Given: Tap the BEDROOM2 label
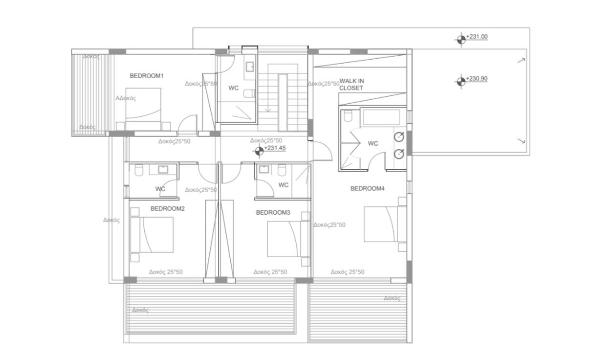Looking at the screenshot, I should [x=167, y=208].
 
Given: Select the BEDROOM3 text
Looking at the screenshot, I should [x=273, y=213].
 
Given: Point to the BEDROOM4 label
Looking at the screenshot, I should [x=368, y=188].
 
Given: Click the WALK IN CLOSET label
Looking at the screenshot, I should [x=352, y=85].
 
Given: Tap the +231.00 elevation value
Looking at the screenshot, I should [x=478, y=37].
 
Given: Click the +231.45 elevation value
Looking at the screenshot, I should [x=275, y=148].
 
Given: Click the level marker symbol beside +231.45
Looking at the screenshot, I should [x=259, y=152].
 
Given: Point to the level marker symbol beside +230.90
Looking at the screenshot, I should [x=460, y=81].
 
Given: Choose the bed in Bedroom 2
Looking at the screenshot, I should [x=152, y=235].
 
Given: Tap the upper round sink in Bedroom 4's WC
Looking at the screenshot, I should [x=399, y=136].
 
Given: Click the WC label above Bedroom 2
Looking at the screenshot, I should [x=160, y=189].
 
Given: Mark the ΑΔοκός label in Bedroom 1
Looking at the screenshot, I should [x=126, y=98].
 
